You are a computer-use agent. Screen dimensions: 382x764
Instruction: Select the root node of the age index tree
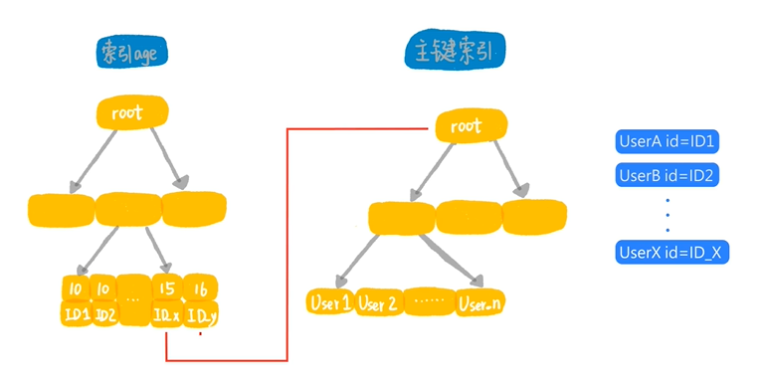pos(128,112)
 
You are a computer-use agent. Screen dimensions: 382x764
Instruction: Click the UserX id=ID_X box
pos(673,252)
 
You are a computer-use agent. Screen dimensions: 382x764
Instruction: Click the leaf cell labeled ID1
pos(78,314)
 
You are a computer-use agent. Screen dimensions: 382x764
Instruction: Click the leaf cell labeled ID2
pos(106,315)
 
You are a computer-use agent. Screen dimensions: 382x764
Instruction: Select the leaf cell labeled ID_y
pos(200,316)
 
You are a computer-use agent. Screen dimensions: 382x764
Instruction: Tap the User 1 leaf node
pos(329,301)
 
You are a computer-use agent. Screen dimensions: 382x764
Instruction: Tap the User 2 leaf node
pos(377,302)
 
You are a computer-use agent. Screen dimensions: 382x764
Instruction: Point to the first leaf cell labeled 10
pos(75,288)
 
